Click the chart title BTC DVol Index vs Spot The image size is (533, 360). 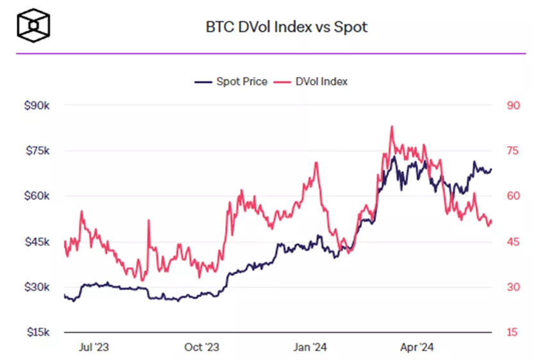(x=286, y=28)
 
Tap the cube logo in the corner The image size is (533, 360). (x=33, y=25)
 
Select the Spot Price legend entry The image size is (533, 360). (x=231, y=82)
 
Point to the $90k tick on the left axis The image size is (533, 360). (x=37, y=105)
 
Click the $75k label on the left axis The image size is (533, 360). (x=37, y=151)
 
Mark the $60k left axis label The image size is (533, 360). (x=37, y=196)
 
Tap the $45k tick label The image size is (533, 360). (x=37, y=242)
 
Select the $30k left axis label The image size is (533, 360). (x=37, y=287)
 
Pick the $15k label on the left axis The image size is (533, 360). (x=37, y=332)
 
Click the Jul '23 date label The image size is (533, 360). (x=94, y=348)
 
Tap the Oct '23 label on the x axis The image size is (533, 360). (x=202, y=348)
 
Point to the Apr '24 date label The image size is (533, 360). (x=418, y=348)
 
